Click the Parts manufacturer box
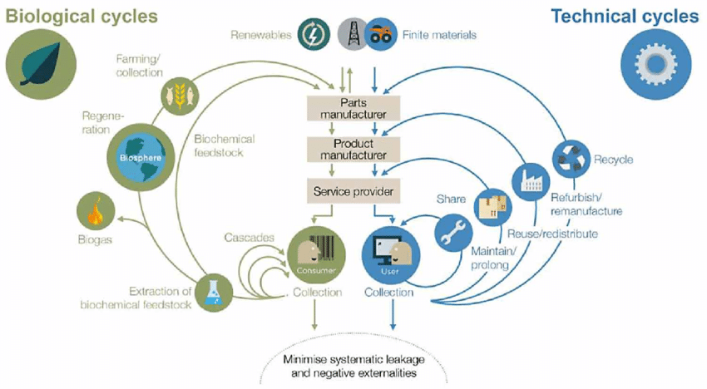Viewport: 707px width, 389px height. click(353, 106)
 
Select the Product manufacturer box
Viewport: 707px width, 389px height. click(353, 149)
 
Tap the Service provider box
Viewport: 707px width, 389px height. click(353, 191)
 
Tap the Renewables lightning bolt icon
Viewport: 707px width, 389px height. click(313, 35)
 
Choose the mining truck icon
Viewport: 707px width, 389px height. click(379, 35)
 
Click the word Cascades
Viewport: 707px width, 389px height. click(249, 238)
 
